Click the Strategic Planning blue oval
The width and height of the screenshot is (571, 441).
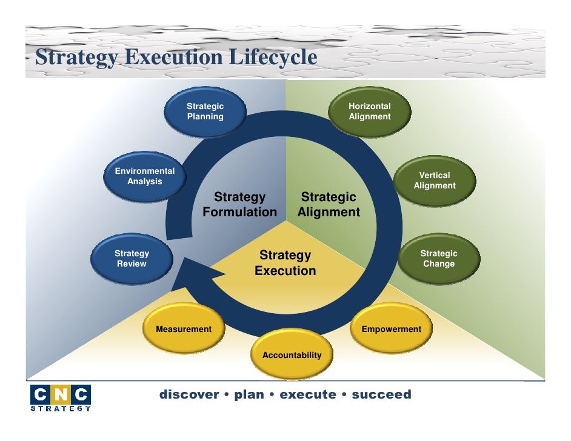coord(205,112)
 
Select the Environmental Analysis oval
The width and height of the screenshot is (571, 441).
coord(145,176)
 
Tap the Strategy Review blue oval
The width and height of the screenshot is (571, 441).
coord(132,259)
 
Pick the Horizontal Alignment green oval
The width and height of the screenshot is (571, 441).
coord(370,111)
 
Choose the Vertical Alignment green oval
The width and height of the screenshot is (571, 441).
coord(435,181)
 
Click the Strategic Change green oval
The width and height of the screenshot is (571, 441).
coord(439,259)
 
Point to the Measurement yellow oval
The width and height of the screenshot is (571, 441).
coord(184,330)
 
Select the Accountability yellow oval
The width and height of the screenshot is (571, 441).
coord(292,355)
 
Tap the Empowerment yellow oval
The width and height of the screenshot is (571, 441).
coord(391,330)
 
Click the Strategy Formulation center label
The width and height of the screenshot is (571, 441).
coord(239,205)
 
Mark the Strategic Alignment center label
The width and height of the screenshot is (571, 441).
coord(329,205)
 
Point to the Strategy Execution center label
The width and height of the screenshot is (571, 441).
coord(285,263)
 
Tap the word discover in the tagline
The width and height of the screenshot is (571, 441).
coord(189,395)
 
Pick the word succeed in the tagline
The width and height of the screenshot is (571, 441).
coord(381,395)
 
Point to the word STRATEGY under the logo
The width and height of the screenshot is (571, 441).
coord(61,409)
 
